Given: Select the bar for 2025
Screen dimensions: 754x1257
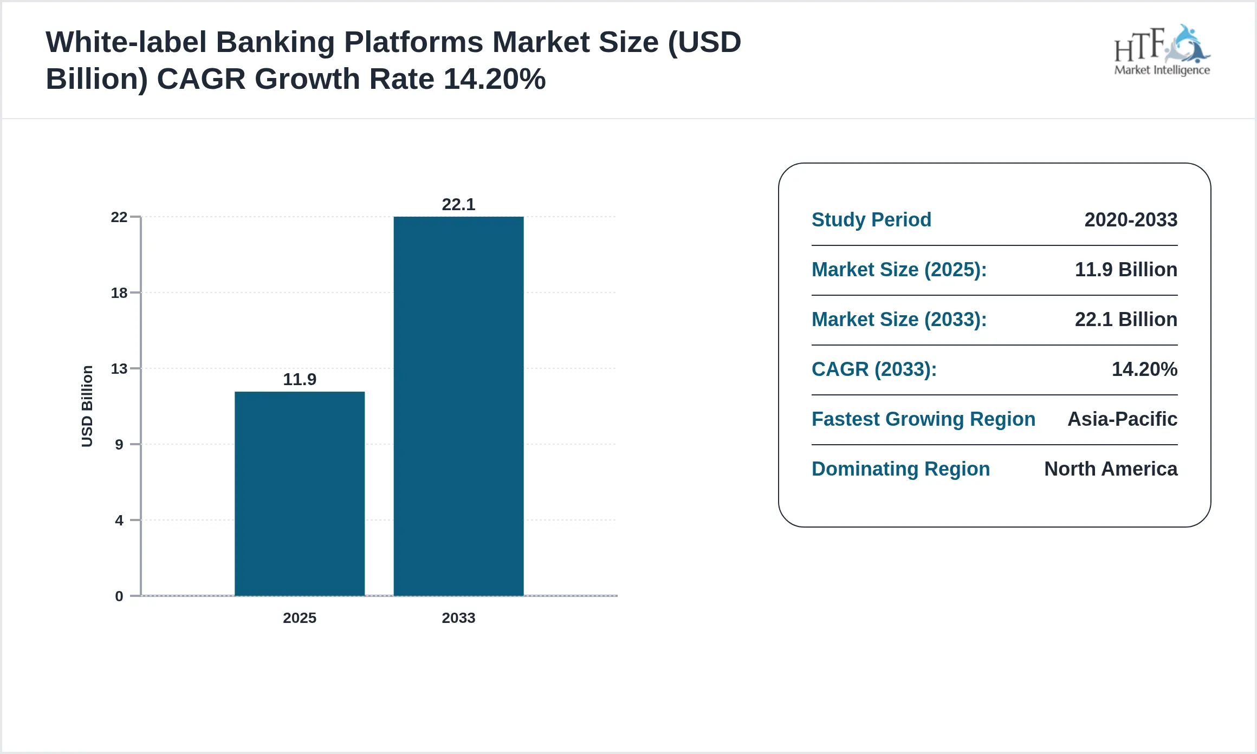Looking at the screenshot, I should point(299,493).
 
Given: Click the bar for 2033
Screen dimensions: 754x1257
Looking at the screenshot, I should point(458,406).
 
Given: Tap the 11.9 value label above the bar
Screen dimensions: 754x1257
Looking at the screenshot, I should point(299,379).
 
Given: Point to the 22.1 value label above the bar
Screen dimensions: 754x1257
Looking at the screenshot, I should point(458,204).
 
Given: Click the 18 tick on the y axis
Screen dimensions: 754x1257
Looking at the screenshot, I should point(119,293).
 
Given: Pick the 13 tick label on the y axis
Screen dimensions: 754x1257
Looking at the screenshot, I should point(119,369).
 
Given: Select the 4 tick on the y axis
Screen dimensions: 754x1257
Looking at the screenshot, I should point(119,521).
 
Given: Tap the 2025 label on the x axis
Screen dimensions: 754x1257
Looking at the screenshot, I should point(299,617).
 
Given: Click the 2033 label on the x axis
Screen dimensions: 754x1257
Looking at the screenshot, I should point(458,617).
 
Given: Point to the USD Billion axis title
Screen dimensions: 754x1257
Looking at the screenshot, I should point(87,406).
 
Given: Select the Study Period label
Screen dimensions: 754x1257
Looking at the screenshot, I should point(871,220).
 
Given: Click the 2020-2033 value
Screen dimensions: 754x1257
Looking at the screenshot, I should point(1131,220).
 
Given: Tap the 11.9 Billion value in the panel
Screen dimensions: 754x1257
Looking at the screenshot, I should point(1126,270).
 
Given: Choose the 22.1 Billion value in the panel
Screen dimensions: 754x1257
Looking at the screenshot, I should point(1126,320).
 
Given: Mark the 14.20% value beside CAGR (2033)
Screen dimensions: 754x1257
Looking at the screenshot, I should point(1144,369).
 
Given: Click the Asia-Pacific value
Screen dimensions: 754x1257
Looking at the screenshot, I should point(1122,419).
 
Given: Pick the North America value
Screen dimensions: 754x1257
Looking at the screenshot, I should point(1111,469).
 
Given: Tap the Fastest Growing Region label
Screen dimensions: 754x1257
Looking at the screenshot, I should point(923,419).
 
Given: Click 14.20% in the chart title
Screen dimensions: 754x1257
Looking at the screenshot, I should point(494,79).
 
